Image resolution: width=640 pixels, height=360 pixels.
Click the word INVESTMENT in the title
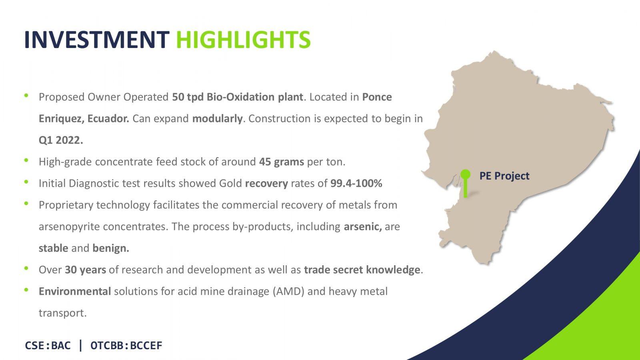[x=97, y=40]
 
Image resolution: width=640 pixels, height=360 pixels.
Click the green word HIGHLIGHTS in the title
[x=243, y=40]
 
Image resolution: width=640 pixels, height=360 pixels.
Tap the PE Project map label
[x=504, y=176]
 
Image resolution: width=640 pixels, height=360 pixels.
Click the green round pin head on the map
[x=466, y=174]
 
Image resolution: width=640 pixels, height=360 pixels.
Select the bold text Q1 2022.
[x=61, y=140]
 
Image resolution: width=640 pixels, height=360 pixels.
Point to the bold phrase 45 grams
[x=282, y=162]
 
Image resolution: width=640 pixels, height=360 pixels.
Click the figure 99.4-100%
[x=356, y=184]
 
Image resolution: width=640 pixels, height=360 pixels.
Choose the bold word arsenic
[x=363, y=226]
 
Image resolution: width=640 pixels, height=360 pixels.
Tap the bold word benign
[x=111, y=248]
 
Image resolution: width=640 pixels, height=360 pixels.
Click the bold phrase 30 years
[x=86, y=270]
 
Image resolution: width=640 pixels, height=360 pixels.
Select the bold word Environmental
[x=75, y=292]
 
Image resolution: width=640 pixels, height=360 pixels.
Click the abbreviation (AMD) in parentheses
[x=288, y=292]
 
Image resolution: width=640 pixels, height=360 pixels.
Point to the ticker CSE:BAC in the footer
[x=48, y=346]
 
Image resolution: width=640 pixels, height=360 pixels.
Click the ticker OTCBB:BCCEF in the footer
[x=126, y=346]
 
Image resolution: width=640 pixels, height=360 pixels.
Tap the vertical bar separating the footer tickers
[x=81, y=345]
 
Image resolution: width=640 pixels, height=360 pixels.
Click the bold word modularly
[x=217, y=118]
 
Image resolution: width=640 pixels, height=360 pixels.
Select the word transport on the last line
[x=62, y=313]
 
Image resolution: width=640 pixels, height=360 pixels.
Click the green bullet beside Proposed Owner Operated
[x=26, y=96]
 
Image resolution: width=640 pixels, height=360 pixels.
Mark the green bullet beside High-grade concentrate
[x=26, y=160]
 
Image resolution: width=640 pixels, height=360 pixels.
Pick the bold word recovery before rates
[x=266, y=184]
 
